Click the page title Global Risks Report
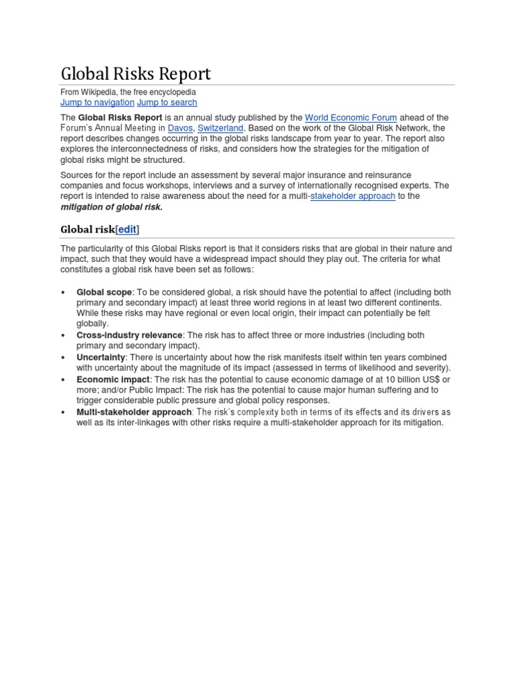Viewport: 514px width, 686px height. click(135, 73)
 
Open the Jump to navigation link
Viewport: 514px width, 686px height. click(97, 102)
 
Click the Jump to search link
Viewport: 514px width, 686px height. click(167, 102)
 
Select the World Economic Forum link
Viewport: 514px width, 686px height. click(351, 117)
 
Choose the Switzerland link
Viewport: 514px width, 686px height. click(220, 128)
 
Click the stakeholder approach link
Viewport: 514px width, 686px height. click(353, 196)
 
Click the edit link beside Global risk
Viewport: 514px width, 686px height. click(127, 229)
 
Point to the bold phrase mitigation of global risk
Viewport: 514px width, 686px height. click(111, 207)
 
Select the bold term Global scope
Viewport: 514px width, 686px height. click(104, 292)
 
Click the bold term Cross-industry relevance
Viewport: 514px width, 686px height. click(129, 335)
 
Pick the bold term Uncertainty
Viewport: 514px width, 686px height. click(100, 357)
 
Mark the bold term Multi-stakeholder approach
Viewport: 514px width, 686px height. click(134, 412)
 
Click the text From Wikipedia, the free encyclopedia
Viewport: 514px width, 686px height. click(128, 92)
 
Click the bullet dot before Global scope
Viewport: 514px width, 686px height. click(62, 293)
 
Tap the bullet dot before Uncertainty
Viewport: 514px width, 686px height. click(62, 358)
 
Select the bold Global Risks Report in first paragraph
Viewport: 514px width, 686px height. click(120, 117)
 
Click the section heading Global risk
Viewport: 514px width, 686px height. click(88, 229)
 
